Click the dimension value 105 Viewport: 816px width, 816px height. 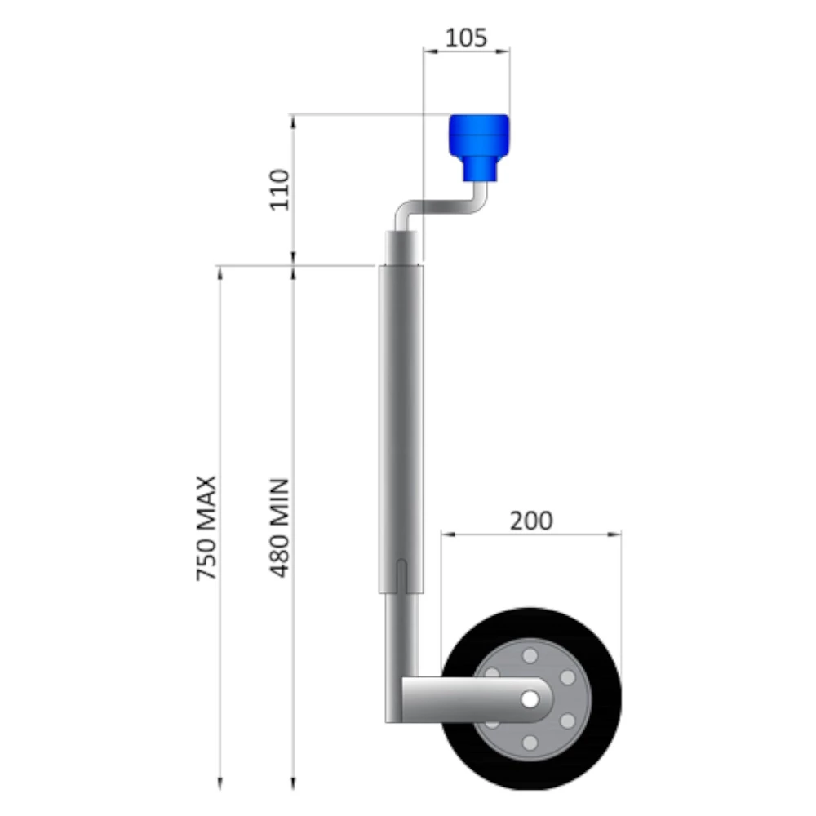467,37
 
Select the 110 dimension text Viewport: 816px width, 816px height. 281,188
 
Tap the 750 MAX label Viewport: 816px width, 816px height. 206,528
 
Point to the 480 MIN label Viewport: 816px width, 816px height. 281,528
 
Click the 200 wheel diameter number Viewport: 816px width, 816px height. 531,521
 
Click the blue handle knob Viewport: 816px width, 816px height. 480,144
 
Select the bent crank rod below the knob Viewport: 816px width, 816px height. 441,209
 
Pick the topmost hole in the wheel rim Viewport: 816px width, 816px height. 530,656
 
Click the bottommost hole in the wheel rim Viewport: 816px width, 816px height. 530,743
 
